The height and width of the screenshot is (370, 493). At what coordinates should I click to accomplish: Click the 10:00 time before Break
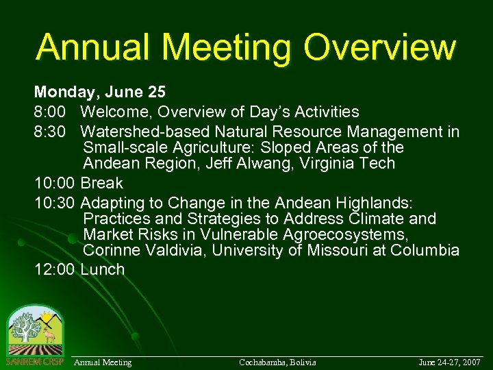coord(54,183)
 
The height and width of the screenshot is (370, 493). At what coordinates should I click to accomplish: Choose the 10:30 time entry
coord(54,203)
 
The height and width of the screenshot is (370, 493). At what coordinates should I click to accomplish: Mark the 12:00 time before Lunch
coord(54,269)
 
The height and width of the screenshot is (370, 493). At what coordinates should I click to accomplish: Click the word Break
coord(102,183)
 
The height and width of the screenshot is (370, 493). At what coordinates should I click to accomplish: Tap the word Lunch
coord(103,269)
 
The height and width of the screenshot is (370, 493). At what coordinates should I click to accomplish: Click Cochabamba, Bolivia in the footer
coord(277,362)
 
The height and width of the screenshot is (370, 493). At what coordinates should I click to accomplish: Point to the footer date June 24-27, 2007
coord(450,362)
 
